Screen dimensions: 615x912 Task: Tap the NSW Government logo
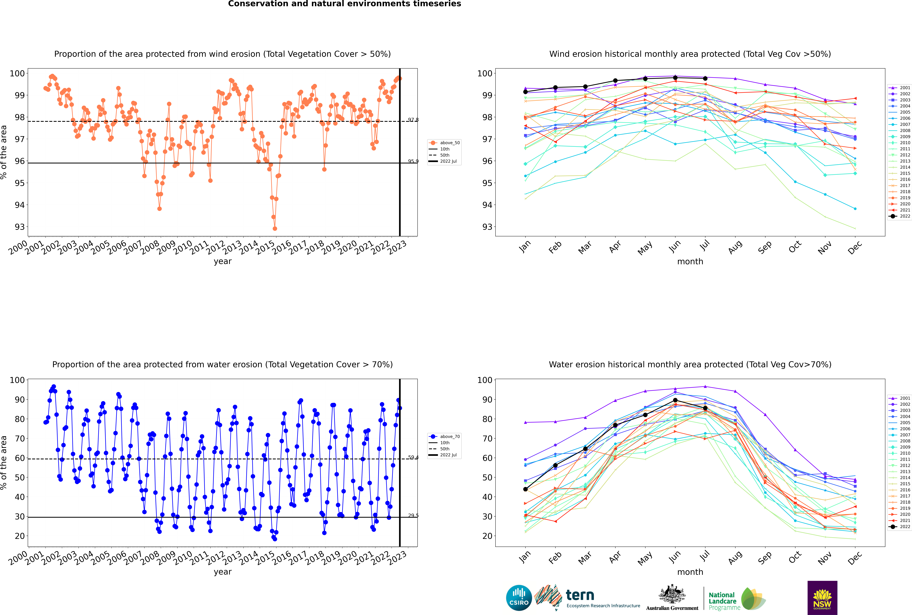pos(822,597)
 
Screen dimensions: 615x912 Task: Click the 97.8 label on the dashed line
pos(413,120)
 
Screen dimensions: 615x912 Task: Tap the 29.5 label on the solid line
pos(413,515)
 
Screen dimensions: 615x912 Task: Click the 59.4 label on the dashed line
pos(413,457)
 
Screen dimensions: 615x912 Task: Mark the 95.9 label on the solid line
pos(413,161)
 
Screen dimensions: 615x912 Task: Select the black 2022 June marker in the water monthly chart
pos(675,400)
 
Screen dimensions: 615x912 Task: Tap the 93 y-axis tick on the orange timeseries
pos(20,227)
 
